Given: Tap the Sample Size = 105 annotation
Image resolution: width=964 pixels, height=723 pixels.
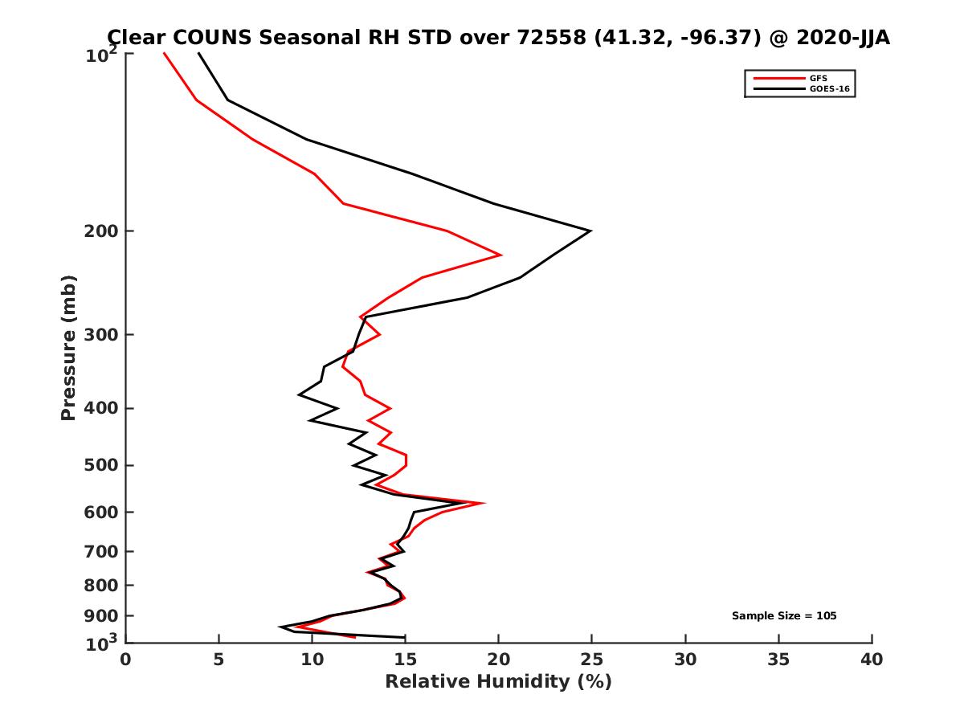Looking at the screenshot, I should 784,616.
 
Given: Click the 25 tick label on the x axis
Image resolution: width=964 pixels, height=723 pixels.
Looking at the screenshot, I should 592,660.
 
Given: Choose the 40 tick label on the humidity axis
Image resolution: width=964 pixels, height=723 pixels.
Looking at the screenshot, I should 872,660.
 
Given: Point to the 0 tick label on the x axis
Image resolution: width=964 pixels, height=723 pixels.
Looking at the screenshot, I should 126,660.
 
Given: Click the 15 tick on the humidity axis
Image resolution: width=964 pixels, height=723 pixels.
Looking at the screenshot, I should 406,660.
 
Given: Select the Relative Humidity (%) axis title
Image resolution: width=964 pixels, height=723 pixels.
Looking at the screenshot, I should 498,682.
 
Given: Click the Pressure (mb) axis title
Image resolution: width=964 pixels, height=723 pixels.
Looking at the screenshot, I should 68,348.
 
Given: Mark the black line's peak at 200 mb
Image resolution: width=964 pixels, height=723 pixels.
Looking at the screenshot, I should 590,231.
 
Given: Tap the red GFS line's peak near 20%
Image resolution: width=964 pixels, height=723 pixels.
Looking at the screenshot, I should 501,255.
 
